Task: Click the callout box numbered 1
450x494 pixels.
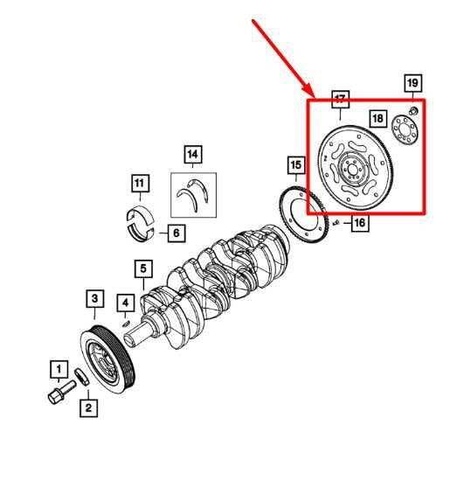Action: [59, 369]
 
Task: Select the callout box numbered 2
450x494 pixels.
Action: [88, 408]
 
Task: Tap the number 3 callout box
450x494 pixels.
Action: [94, 298]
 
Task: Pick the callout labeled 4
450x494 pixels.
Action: [125, 303]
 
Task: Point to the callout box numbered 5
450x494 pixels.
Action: [143, 268]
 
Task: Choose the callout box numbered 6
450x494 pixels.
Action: [177, 233]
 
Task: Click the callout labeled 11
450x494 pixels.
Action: [140, 183]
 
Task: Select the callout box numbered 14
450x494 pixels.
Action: [193, 155]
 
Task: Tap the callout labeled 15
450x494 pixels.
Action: [296, 164]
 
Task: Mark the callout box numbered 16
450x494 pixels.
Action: [360, 223]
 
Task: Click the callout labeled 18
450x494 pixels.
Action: [377, 118]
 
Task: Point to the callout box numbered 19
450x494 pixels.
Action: [412, 83]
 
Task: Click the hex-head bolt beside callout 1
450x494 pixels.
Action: [62, 392]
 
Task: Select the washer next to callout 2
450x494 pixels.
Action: [82, 377]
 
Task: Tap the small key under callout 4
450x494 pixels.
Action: [126, 324]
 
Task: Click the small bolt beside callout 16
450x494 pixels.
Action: [336, 222]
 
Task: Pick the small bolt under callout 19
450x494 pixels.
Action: [414, 110]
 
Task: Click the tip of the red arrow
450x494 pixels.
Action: [315, 96]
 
